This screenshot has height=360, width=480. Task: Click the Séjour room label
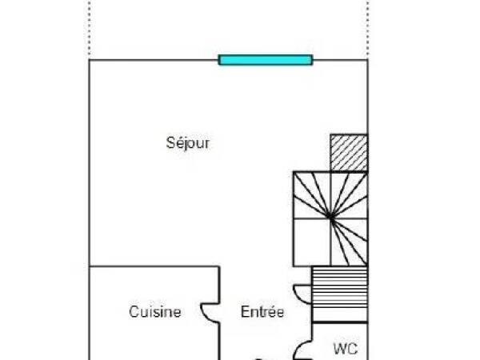[x=188, y=144]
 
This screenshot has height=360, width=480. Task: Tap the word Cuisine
[x=155, y=312]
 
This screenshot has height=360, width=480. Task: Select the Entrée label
[x=262, y=312]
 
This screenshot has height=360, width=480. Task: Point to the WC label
[x=346, y=349]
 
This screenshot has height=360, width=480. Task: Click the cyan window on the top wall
[x=265, y=59]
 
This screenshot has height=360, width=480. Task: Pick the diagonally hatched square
[x=349, y=152]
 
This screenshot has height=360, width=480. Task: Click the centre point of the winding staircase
[x=330, y=216]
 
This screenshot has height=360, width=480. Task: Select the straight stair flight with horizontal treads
[x=339, y=294]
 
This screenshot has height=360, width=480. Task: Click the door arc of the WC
[x=302, y=349]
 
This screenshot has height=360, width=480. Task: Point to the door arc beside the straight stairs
[x=302, y=294]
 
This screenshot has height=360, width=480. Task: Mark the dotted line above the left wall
[x=89, y=28]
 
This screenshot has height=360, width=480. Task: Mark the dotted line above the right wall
[x=367, y=28]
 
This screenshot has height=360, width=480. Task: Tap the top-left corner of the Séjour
[x=89, y=60]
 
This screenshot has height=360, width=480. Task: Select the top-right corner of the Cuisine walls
[x=219, y=267]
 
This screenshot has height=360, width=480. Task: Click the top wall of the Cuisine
[x=152, y=267]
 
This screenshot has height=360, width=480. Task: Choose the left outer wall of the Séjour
[x=89, y=160]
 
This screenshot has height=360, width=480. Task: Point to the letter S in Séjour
[x=170, y=144]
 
